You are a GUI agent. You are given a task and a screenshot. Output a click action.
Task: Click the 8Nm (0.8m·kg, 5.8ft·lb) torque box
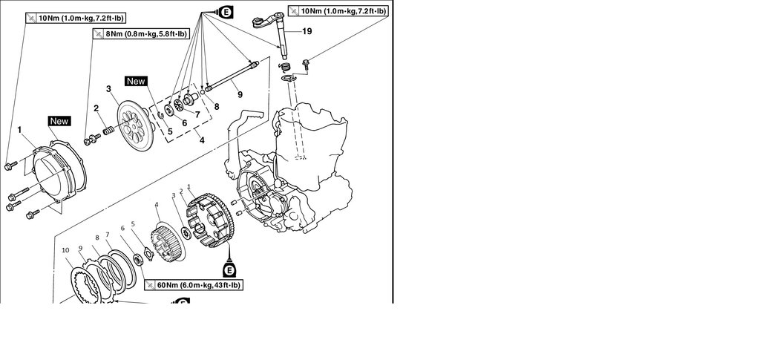(140, 33)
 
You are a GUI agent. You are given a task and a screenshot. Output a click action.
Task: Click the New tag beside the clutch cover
(59, 120)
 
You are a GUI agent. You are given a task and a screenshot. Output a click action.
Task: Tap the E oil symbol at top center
(224, 10)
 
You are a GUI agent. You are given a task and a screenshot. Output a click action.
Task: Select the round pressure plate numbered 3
(134, 131)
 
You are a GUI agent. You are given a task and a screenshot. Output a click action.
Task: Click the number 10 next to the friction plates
(66, 250)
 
